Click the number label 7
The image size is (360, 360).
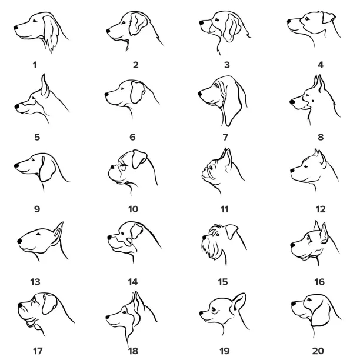click(x=225, y=137)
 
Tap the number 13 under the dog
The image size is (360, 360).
click(x=35, y=282)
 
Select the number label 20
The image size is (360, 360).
click(x=318, y=351)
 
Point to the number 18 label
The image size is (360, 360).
click(x=133, y=351)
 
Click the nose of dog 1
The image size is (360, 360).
click(x=16, y=28)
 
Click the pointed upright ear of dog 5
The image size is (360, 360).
click(x=44, y=85)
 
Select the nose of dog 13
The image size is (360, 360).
click(x=19, y=241)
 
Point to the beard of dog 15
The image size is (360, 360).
click(x=209, y=248)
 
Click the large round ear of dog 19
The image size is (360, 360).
click(x=239, y=301)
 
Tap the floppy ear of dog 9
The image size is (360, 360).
click(x=47, y=169)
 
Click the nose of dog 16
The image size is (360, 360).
click(x=292, y=245)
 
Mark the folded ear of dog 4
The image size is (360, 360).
click(x=329, y=18)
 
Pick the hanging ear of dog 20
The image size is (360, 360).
click(x=320, y=314)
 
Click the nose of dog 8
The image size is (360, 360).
click(x=292, y=102)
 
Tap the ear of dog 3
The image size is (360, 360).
click(x=232, y=28)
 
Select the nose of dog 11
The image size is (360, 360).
click(x=204, y=169)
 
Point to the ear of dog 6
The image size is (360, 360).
click(x=137, y=92)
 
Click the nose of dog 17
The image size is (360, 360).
click(x=20, y=305)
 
